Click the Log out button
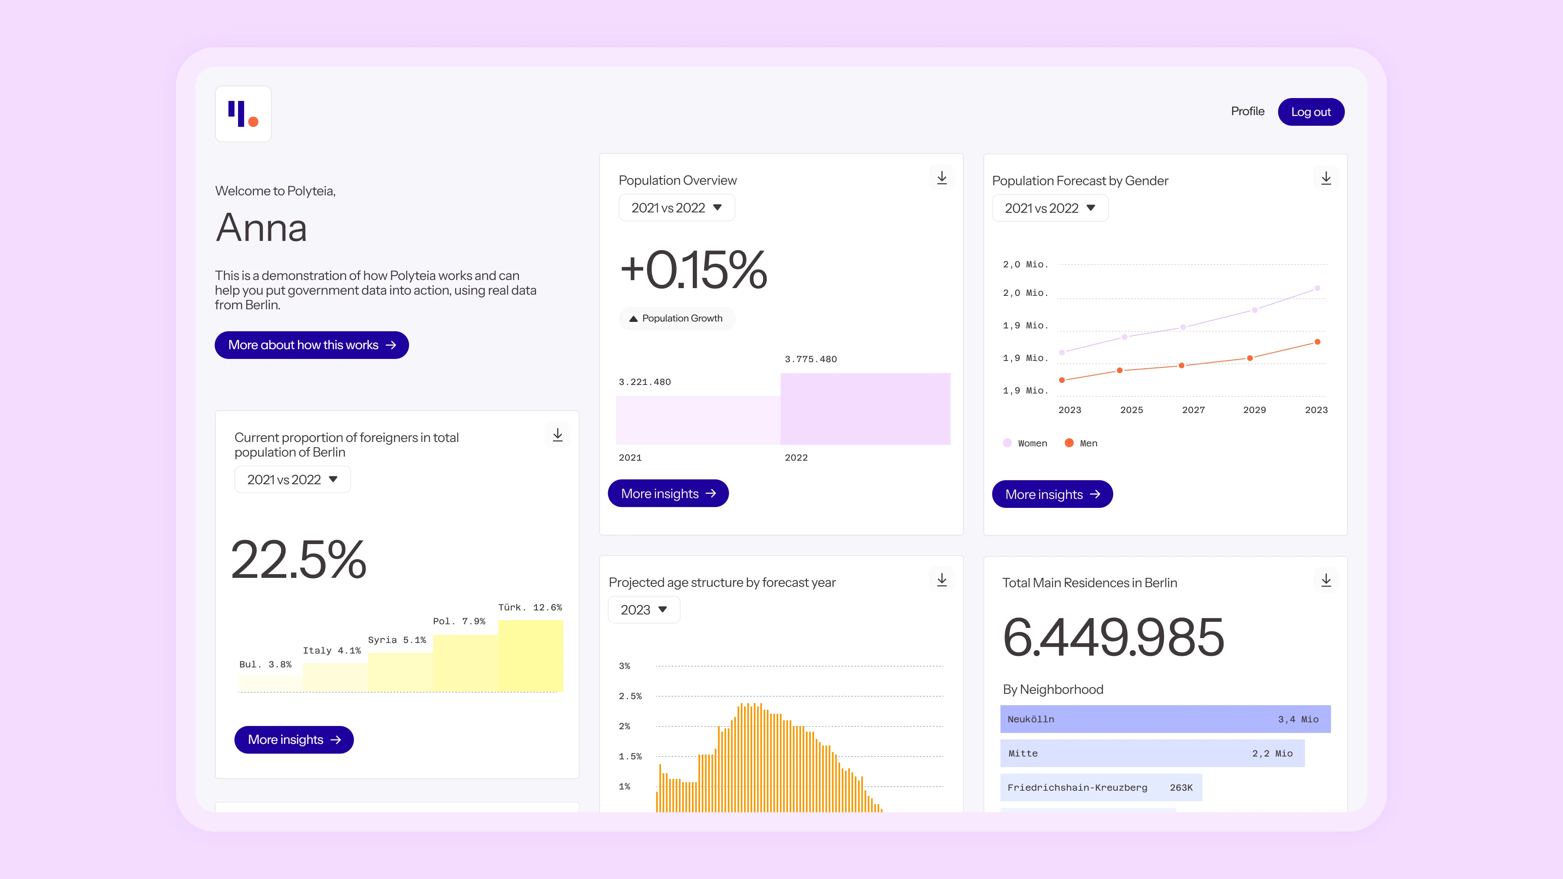pos(1311,112)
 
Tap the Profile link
pos(1248,112)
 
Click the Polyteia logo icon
pos(243,114)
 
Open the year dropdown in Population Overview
pos(676,208)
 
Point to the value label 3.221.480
pos(644,382)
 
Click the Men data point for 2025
pos(1119,370)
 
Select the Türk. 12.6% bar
pos(530,655)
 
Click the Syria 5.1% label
pos(397,640)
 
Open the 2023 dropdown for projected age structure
pos(644,610)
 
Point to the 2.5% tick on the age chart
pos(630,696)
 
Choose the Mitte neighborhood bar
pos(1151,753)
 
